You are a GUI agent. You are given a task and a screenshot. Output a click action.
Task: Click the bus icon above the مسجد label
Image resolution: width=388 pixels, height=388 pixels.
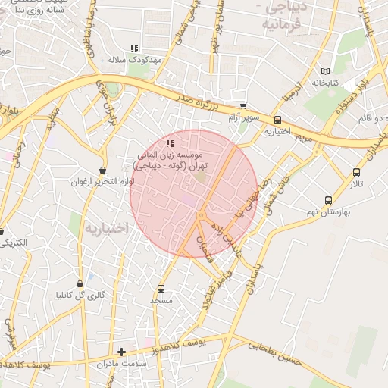[161, 289]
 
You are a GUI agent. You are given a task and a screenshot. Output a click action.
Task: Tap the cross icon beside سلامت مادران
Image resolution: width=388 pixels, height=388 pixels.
[122, 352]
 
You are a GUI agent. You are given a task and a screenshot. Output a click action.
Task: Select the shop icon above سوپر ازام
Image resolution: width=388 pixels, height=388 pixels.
[242, 106]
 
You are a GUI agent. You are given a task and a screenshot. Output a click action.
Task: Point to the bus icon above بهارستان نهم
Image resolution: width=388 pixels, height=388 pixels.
[327, 201]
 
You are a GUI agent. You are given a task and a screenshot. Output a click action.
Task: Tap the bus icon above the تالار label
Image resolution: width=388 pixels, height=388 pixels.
[356, 172]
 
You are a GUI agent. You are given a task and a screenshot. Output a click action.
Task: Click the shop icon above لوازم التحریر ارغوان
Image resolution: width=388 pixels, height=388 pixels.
[102, 170]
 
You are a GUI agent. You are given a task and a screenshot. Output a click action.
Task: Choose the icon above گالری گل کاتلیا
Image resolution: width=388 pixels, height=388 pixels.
[80, 283]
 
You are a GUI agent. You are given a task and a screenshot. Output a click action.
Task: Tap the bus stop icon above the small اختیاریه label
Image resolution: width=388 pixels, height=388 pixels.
[277, 120]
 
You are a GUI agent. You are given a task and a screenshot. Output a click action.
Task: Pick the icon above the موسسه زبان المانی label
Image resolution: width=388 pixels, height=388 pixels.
[170, 142]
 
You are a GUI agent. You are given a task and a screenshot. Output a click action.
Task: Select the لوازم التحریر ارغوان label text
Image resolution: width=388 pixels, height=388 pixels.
[102, 182]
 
